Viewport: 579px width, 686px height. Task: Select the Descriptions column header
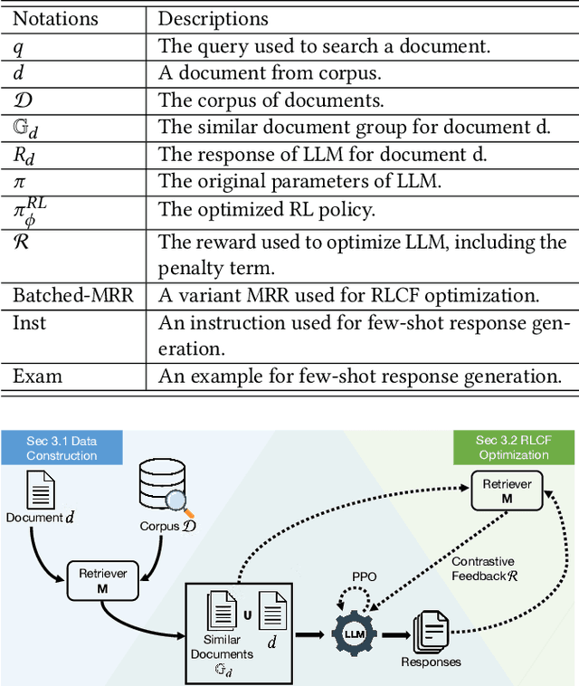coord(213,18)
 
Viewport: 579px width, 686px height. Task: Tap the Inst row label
coord(29,323)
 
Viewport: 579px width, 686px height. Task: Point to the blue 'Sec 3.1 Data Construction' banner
coord(62,448)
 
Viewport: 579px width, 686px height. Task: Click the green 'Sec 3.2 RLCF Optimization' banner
coord(514,448)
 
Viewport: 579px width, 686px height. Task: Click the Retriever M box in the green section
coord(507,491)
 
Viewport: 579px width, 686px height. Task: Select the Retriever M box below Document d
coord(102,580)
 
